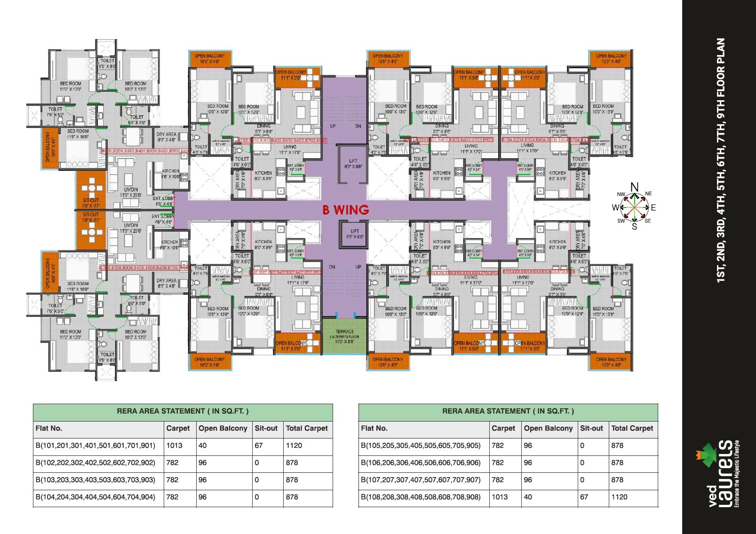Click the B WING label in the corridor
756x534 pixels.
pyautogui.click(x=345, y=210)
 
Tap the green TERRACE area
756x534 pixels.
pyautogui.click(x=344, y=336)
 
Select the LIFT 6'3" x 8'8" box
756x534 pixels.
pyautogui.click(x=353, y=164)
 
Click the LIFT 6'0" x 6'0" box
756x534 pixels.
pyautogui.click(x=354, y=233)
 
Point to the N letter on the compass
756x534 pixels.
pyautogui.click(x=634, y=187)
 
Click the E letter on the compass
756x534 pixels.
pyautogui.click(x=653, y=207)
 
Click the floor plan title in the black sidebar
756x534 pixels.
pyautogui.click(x=720, y=160)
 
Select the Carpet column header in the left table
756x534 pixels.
pyautogui.click(x=178, y=428)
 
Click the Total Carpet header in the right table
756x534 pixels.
pyautogui.click(x=632, y=428)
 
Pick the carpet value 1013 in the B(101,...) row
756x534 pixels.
pyautogui.click(x=174, y=446)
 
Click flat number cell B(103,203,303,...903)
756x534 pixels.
pyautogui.click(x=95, y=480)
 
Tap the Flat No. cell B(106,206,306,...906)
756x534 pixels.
pyautogui.click(x=421, y=462)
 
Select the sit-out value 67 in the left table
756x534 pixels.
pyautogui.click(x=259, y=446)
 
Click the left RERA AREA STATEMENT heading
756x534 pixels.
pyautogui.click(x=183, y=411)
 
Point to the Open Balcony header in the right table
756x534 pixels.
pyautogui.click(x=548, y=428)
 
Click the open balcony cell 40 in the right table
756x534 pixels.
pyautogui.click(x=528, y=497)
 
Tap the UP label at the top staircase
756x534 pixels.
pyautogui.click(x=333, y=126)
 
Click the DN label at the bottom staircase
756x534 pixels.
pyautogui.click(x=332, y=267)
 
